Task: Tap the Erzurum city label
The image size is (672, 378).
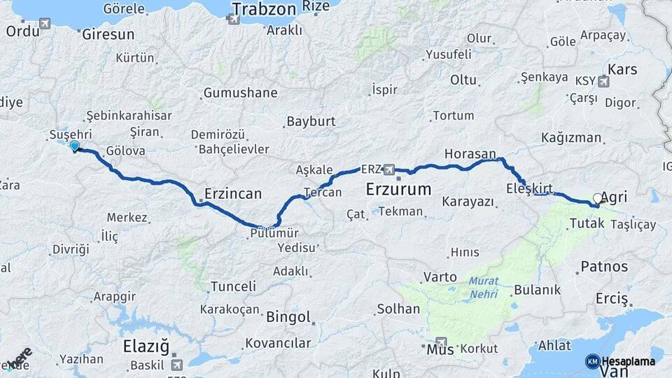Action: pyautogui.click(x=399, y=190)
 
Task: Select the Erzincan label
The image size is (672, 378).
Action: pyautogui.click(x=233, y=193)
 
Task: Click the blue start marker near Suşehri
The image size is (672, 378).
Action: pyautogui.click(x=74, y=146)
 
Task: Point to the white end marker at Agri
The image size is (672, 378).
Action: pyautogui.click(x=597, y=199)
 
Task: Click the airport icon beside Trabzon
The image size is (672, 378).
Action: pyautogui.click(x=234, y=20)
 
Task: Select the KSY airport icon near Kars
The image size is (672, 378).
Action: pyautogui.click(x=603, y=80)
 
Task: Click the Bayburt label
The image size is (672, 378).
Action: pyautogui.click(x=311, y=121)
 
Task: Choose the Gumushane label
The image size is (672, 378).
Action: pyautogui.click(x=240, y=92)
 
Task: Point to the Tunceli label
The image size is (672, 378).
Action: pyautogui.click(x=233, y=286)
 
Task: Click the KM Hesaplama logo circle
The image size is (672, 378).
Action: pyautogui.click(x=592, y=361)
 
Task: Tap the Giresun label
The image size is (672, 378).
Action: pyautogui.click(x=108, y=34)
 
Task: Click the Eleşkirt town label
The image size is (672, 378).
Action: pyautogui.click(x=530, y=188)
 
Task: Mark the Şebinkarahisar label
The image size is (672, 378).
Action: pyautogui.click(x=129, y=115)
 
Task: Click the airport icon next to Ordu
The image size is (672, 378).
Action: pyautogui.click(x=45, y=24)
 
